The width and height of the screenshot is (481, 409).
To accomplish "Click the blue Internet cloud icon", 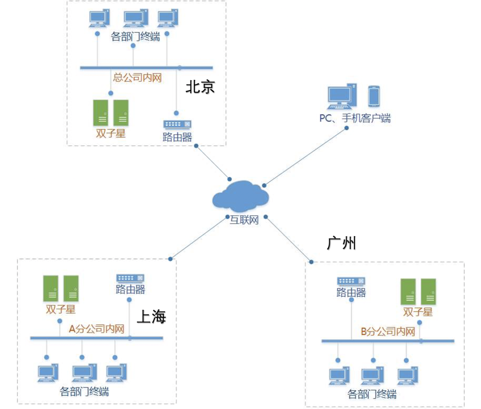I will (x=241, y=196).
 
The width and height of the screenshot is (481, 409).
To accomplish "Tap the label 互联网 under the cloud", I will (x=244, y=220).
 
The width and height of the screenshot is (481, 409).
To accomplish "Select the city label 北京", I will (x=200, y=87).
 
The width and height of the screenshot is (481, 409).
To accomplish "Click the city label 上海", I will (x=151, y=317).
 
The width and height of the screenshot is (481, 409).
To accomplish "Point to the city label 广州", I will (x=342, y=243).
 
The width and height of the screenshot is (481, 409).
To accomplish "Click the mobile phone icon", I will (x=373, y=96).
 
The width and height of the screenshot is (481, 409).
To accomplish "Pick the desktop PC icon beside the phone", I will (x=342, y=96).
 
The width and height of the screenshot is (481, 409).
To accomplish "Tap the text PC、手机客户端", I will (x=355, y=118).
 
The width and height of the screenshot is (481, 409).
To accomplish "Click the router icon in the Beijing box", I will (x=177, y=124).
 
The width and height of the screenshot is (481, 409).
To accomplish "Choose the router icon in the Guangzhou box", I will (x=351, y=281).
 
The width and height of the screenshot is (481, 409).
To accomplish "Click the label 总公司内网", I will (x=137, y=78).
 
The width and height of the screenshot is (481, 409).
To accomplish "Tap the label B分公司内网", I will (x=387, y=331).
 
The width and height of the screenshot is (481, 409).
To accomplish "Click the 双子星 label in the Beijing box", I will (x=111, y=133).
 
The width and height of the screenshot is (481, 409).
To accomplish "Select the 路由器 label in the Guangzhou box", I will (x=351, y=292).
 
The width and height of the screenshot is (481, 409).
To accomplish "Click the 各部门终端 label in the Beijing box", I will (x=135, y=37).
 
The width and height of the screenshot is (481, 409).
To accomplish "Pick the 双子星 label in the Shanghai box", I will (x=61, y=309).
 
